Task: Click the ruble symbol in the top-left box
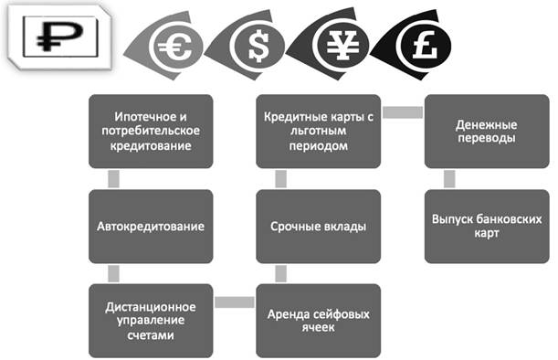pos(59,36)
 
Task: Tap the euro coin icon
pos(176,47)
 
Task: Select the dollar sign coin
pos(258,46)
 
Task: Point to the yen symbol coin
pos(342,46)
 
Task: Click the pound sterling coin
pos(425,46)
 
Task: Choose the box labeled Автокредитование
pos(151,227)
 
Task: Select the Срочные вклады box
pos(318,227)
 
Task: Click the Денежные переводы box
pos(487,131)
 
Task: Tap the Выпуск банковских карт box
pos(487,227)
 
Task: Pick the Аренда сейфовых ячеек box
pos(318,321)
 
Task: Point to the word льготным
pos(318,131)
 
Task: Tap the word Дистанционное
pos(151,307)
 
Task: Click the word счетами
pos(151,335)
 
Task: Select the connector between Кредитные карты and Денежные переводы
pos(403,112)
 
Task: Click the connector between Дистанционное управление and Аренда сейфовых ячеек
pos(235,302)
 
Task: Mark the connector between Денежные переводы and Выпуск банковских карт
pos(449,179)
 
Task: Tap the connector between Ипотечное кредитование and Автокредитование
pos(113,179)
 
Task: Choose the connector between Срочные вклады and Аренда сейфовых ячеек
pos(280,273)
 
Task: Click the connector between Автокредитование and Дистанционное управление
pos(113,273)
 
